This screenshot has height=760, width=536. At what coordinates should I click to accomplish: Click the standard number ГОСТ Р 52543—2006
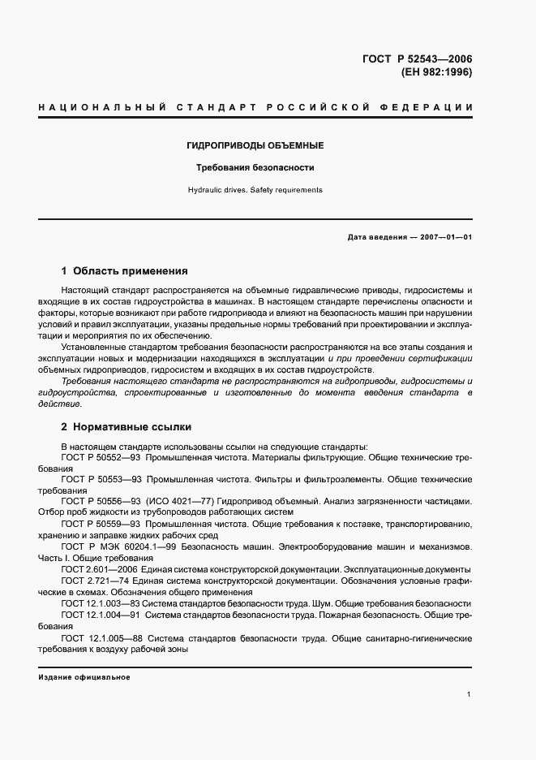click(x=417, y=58)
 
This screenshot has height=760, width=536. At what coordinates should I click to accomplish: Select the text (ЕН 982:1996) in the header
click(x=436, y=72)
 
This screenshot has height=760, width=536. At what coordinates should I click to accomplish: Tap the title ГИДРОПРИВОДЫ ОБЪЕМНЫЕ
click(x=255, y=145)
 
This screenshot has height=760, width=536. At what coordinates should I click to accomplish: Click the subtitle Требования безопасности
click(x=255, y=168)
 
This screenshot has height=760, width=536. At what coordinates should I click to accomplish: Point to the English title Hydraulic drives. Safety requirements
click(x=255, y=190)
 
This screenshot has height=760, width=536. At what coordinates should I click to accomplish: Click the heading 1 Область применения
click(x=124, y=270)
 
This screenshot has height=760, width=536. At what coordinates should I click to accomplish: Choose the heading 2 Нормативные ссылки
click(x=126, y=426)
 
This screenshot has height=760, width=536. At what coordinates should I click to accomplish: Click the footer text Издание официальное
click(x=84, y=676)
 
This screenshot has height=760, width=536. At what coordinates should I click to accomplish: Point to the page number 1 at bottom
click(x=470, y=694)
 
